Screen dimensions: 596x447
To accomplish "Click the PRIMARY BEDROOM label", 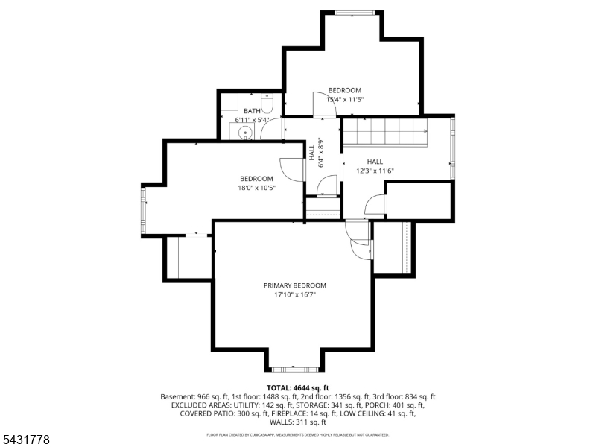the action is click(295, 285).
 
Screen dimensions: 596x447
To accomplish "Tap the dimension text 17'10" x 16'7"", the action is click(295, 294).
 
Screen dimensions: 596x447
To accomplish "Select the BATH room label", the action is click(252, 111).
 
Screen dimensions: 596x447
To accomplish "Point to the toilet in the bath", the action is click(267, 104).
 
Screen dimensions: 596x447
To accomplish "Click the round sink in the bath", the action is click(245, 133).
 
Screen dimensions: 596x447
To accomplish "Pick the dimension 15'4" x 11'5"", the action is click(345, 100).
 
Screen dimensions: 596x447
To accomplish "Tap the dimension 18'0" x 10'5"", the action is click(256, 188).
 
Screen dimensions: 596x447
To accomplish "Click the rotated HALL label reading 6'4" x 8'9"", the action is click(316, 153).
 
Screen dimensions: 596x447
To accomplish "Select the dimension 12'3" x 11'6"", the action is click(375, 171).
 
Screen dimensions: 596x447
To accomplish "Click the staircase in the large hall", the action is click(385, 132).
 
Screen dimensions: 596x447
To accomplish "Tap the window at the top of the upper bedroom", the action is click(355, 13).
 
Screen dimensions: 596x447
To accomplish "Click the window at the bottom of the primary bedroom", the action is click(295, 369).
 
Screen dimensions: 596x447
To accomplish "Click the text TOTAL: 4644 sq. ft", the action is click(297, 388).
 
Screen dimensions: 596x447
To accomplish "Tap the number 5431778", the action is click(25, 440).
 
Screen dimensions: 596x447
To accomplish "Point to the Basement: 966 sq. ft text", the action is click(194, 397).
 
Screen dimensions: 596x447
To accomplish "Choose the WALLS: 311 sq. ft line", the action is click(298, 422).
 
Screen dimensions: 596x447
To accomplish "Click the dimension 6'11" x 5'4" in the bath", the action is click(252, 120).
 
